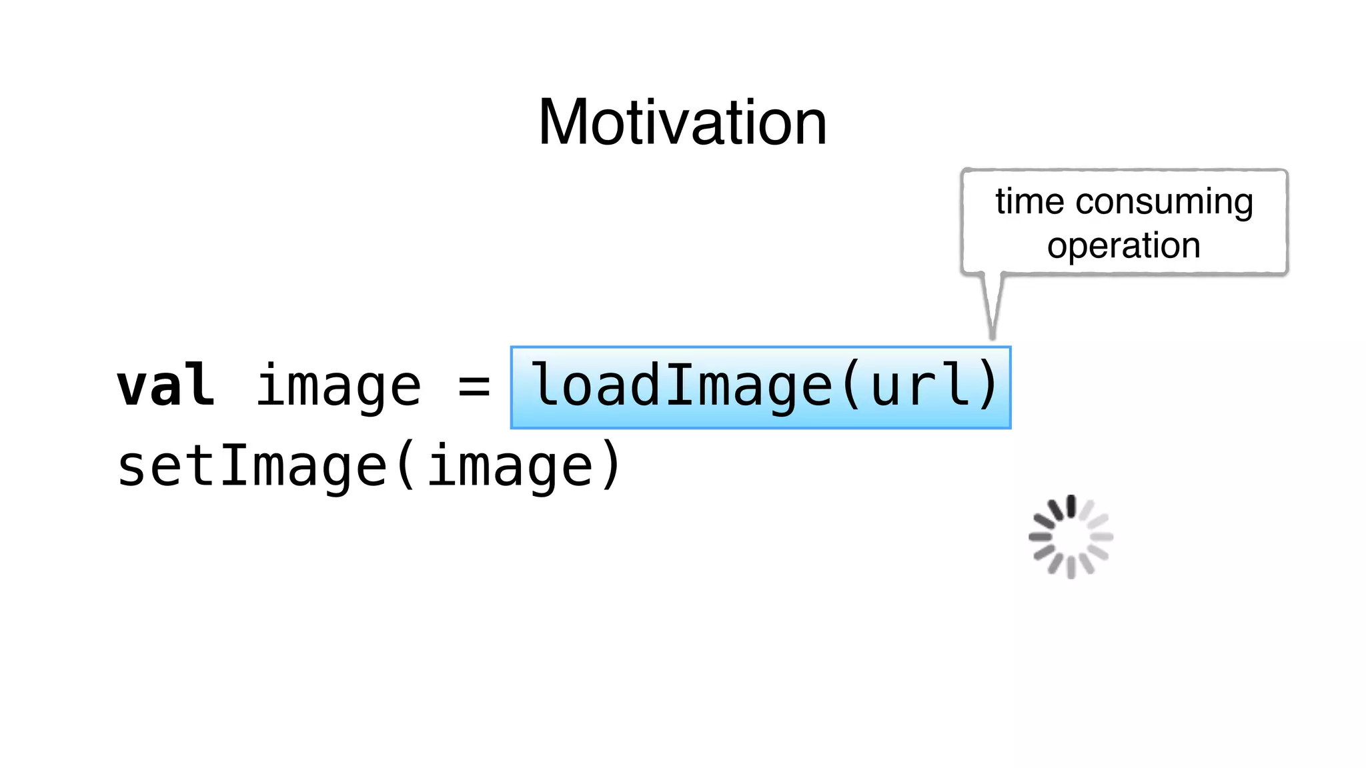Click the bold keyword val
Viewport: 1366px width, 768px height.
click(x=166, y=386)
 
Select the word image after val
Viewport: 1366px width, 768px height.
click(x=339, y=387)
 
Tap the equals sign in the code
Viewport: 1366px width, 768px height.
click(x=474, y=387)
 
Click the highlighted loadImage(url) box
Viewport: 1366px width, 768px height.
click(x=760, y=387)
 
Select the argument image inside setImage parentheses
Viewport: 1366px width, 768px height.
click(x=510, y=466)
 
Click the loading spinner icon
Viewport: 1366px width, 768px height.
click(x=1071, y=537)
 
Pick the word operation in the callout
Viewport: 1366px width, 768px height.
click(x=1124, y=245)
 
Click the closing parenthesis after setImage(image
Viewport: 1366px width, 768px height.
click(x=610, y=466)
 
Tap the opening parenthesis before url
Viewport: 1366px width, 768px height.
click(x=851, y=386)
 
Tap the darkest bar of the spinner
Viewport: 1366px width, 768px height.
click(x=1071, y=506)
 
